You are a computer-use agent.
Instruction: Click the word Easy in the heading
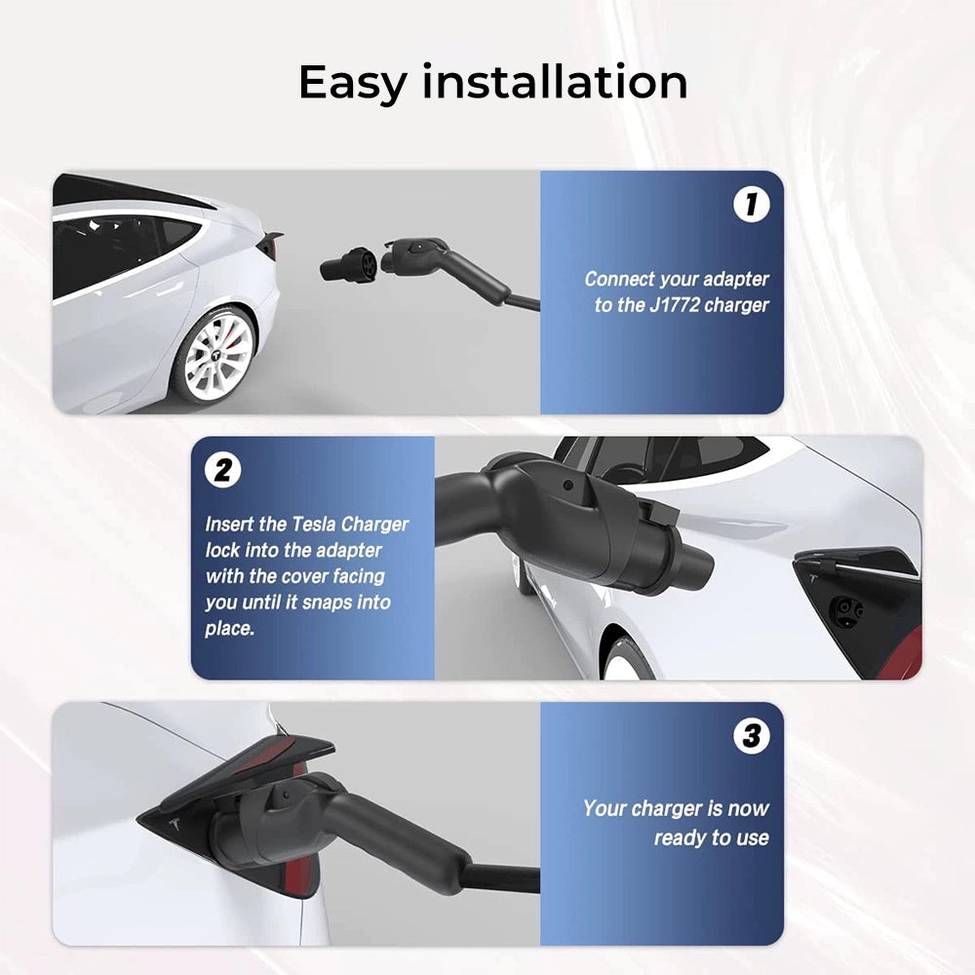pyautogui.click(x=352, y=83)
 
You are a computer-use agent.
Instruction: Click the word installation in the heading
pyautogui.click(x=555, y=81)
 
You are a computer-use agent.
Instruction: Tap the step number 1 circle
pyautogui.click(x=751, y=204)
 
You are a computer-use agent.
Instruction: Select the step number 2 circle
pyautogui.click(x=222, y=470)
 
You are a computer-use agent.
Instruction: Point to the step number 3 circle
pyautogui.click(x=751, y=735)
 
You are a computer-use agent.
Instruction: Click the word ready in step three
pyautogui.click(x=682, y=838)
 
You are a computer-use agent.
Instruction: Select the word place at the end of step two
pyautogui.click(x=229, y=629)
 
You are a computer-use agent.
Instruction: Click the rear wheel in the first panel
pyautogui.click(x=214, y=356)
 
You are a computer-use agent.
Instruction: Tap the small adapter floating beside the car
pyautogui.click(x=349, y=265)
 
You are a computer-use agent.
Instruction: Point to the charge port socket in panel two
pyautogui.click(x=847, y=609)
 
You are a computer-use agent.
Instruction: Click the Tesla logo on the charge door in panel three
pyautogui.click(x=175, y=825)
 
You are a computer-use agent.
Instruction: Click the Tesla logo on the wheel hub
pyautogui.click(x=217, y=356)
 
